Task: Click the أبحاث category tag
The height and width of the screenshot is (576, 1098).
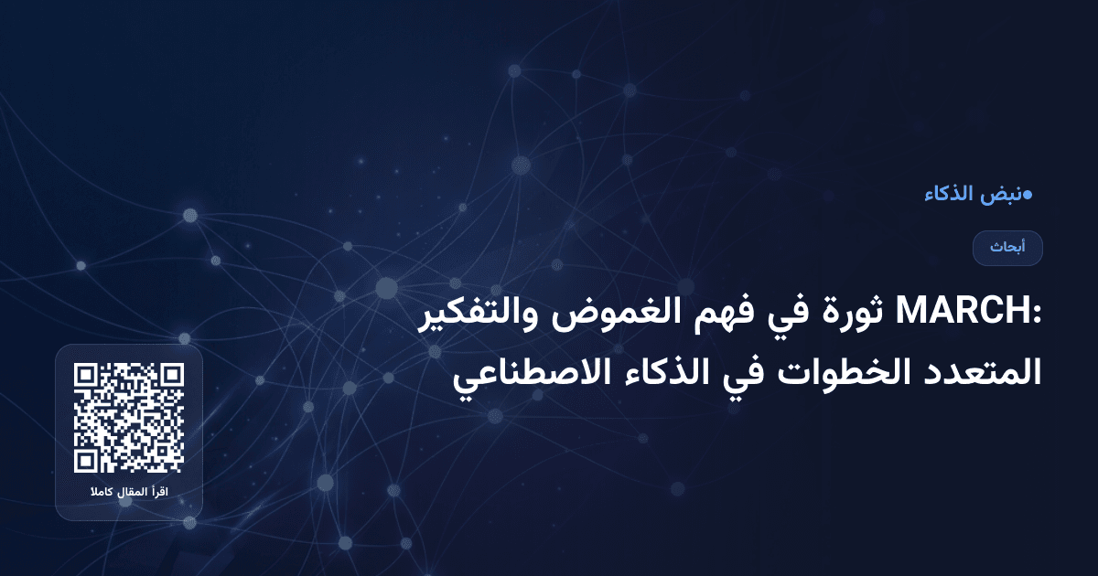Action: [x=1007, y=248]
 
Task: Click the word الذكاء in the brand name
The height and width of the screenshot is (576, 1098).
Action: [x=949, y=195]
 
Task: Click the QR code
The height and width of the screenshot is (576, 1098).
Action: [x=129, y=417]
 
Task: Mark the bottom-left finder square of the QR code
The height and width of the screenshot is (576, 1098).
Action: [x=86, y=460]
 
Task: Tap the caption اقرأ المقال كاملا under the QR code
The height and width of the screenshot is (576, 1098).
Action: [x=129, y=494]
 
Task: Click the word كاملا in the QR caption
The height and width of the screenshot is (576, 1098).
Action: [x=102, y=494]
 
